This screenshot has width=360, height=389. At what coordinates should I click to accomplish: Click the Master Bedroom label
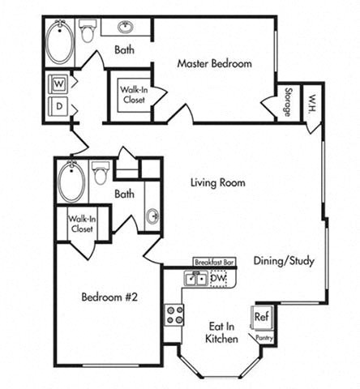(215, 63)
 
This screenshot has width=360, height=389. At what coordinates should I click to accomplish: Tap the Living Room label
(217, 183)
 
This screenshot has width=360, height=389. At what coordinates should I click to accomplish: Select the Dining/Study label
(284, 261)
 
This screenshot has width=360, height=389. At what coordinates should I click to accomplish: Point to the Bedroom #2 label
(110, 297)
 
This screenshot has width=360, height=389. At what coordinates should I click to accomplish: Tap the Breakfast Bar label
(215, 263)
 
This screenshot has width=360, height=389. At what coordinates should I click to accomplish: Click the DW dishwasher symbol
(217, 279)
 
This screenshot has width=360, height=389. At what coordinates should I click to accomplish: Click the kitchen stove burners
(174, 314)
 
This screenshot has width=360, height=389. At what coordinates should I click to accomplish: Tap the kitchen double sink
(195, 280)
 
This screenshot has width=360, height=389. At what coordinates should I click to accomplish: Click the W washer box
(58, 83)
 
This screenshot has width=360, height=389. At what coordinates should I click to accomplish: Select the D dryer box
(58, 107)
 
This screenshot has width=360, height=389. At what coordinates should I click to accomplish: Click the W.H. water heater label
(311, 101)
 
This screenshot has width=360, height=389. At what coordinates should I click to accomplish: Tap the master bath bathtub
(58, 41)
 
